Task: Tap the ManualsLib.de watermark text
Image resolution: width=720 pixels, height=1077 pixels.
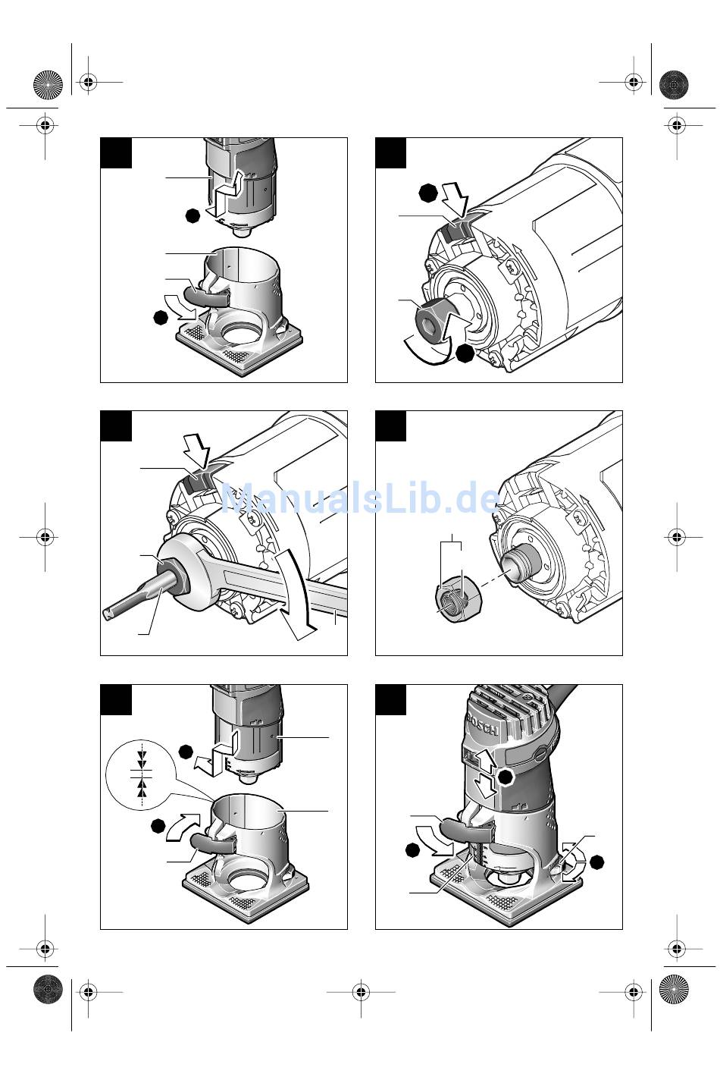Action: (x=361, y=498)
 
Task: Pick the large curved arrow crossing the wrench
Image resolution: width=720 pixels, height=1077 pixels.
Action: (x=294, y=595)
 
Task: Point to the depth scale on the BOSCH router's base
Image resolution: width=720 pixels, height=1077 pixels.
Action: (x=477, y=853)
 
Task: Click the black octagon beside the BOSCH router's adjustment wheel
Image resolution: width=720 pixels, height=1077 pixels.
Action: (x=596, y=862)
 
